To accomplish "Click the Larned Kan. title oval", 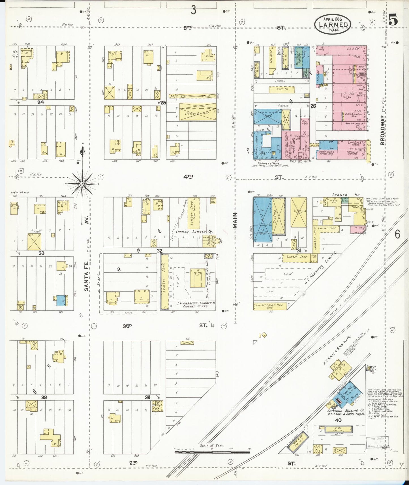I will (333, 24).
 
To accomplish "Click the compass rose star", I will (82, 184).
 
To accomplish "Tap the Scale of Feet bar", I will (212, 452).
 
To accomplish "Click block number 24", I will (41, 102).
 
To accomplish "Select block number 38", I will (44, 397).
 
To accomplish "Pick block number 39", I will (147, 397).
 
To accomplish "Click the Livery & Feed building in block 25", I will (197, 113).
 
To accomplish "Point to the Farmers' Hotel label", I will (265, 164).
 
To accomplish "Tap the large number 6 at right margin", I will (397, 234).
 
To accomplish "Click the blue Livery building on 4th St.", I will (262, 220).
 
